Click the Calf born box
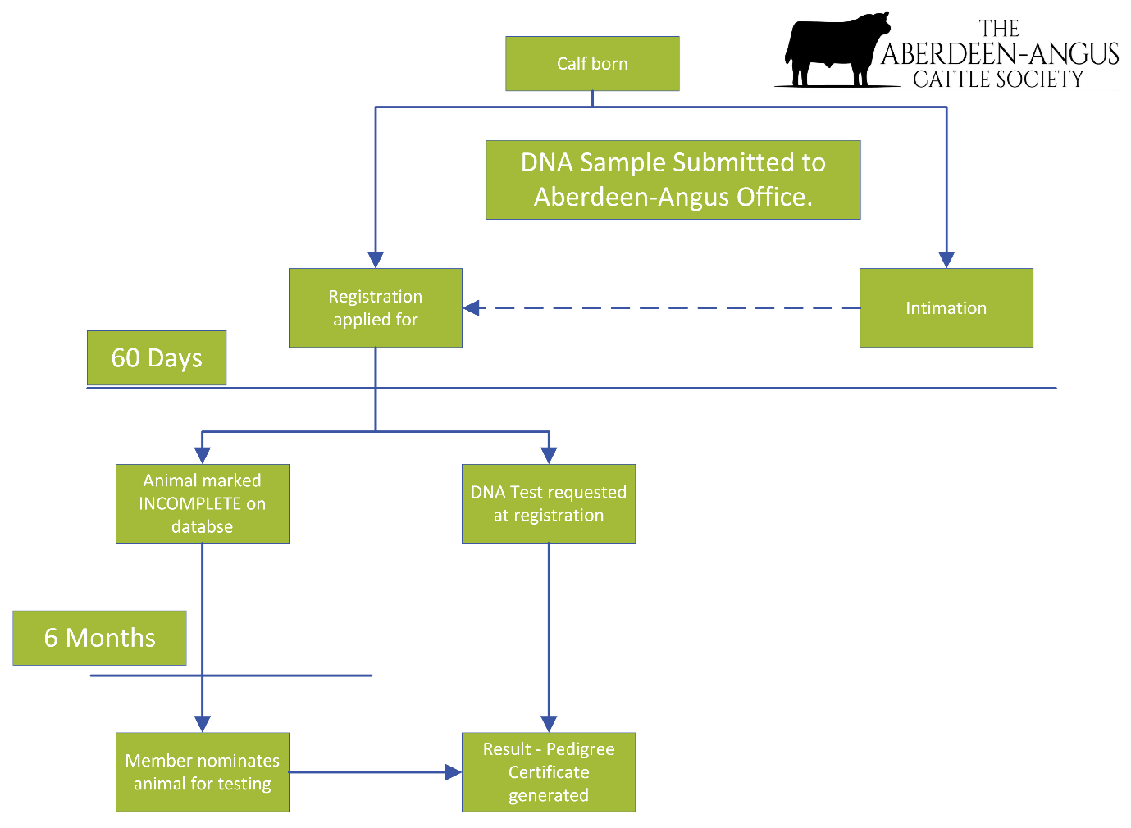(x=592, y=64)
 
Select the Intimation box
(x=946, y=308)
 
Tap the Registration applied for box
(x=376, y=308)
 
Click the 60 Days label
(x=157, y=358)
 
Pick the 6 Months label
(x=99, y=638)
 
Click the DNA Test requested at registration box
(x=549, y=503)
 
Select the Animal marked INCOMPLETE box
(x=202, y=503)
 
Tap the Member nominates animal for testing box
(x=202, y=772)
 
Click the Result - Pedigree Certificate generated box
(x=549, y=772)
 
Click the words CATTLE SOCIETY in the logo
(x=998, y=80)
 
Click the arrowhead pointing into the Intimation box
(x=946, y=259)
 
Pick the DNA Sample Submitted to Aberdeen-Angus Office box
(x=673, y=180)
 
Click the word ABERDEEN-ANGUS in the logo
(x=1000, y=54)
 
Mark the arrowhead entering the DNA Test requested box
(x=550, y=455)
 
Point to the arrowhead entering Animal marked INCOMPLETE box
(x=203, y=455)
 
